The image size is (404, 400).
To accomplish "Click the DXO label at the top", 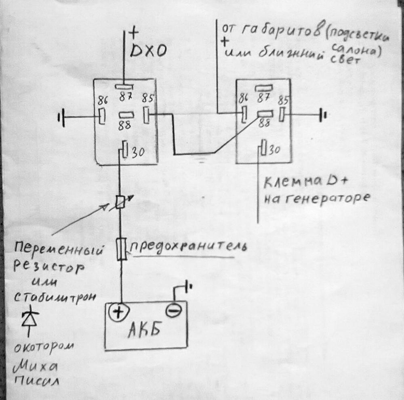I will (x=148, y=51).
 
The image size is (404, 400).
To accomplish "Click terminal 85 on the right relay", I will (x=282, y=115).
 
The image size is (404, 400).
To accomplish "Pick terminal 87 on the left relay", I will (x=125, y=86).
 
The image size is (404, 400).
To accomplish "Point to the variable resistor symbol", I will (x=120, y=202).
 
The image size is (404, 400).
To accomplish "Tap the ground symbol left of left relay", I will (x=62, y=118).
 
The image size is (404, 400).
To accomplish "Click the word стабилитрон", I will (x=56, y=296).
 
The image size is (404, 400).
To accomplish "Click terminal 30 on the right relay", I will (x=264, y=148).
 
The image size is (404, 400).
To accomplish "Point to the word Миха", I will (x=36, y=367).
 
